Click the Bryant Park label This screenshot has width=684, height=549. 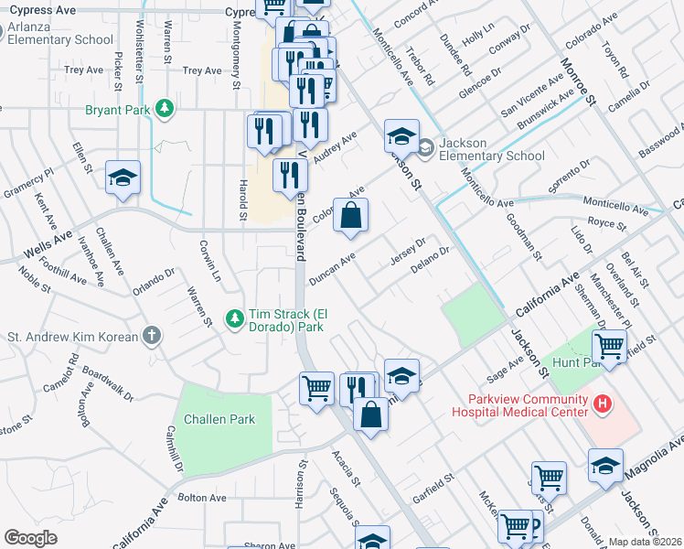tap(117, 110)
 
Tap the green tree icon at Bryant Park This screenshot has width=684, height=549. tap(165, 109)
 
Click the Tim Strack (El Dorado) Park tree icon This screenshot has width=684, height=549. tap(235, 318)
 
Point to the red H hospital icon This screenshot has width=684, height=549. tap(602, 403)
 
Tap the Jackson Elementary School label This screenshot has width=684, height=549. tap(491, 149)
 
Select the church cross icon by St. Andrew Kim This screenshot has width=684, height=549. tap(152, 336)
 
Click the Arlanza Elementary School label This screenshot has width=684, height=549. tap(62, 33)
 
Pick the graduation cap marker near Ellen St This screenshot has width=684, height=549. tap(123, 178)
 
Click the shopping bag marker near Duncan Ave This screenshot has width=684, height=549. tap(350, 217)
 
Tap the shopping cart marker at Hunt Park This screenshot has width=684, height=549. tap(609, 347)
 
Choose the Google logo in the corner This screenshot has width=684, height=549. tap(30, 537)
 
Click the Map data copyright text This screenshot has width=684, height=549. tap(646, 542)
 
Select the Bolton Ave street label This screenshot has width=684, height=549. tap(202, 497)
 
